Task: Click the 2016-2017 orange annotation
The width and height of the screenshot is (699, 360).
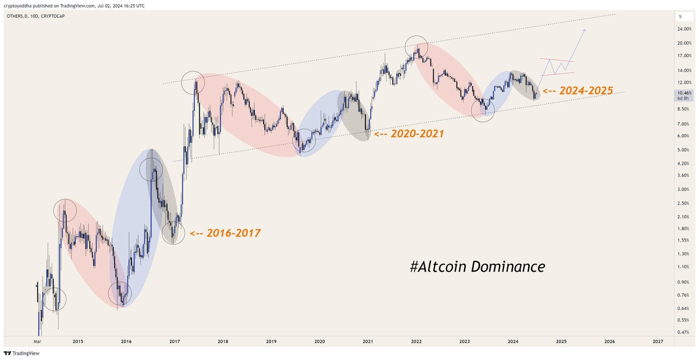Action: pos(225,233)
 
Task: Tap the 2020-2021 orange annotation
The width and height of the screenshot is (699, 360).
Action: pos(409,134)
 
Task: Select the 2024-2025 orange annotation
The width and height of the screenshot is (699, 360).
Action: pos(578,90)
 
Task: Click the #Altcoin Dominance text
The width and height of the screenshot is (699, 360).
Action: pos(477,266)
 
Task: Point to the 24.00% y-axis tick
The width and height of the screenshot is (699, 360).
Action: pos(684,29)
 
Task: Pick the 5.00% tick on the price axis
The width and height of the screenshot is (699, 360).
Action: pos(683,150)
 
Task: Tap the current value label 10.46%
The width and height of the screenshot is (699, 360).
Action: pos(684,93)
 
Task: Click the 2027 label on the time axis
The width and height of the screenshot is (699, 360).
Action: pos(658,341)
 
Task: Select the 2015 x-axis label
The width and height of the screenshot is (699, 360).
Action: pos(78,341)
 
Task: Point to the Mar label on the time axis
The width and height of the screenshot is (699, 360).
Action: pos(37,341)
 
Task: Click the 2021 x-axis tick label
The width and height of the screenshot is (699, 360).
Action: pos(368,341)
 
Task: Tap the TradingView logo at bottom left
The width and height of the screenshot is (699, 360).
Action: pos(15,353)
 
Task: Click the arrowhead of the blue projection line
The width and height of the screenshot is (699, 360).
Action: pos(584,30)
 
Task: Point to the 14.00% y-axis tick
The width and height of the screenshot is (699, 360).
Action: pos(684,71)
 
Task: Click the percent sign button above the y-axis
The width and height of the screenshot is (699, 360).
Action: pos(680,16)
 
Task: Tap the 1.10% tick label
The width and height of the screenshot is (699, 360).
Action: pos(683,267)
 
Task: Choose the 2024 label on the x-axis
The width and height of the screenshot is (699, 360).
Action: pos(513,341)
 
